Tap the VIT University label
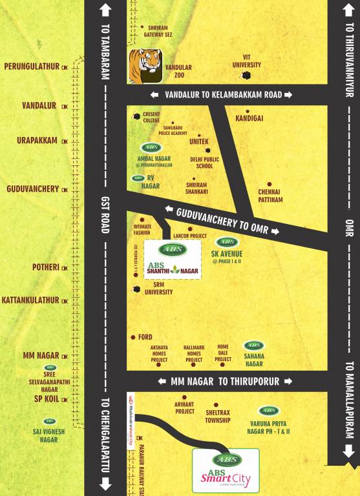(247, 61)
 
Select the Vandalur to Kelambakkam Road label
(222, 94)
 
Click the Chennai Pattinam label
(270, 196)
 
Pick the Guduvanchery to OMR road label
(222, 220)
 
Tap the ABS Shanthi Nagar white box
(172, 260)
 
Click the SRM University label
(158, 288)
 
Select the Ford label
(145, 337)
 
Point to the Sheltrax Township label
(218, 416)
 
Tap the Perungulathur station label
(32, 66)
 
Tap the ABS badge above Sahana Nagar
(253, 346)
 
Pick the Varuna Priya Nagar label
(269, 426)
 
